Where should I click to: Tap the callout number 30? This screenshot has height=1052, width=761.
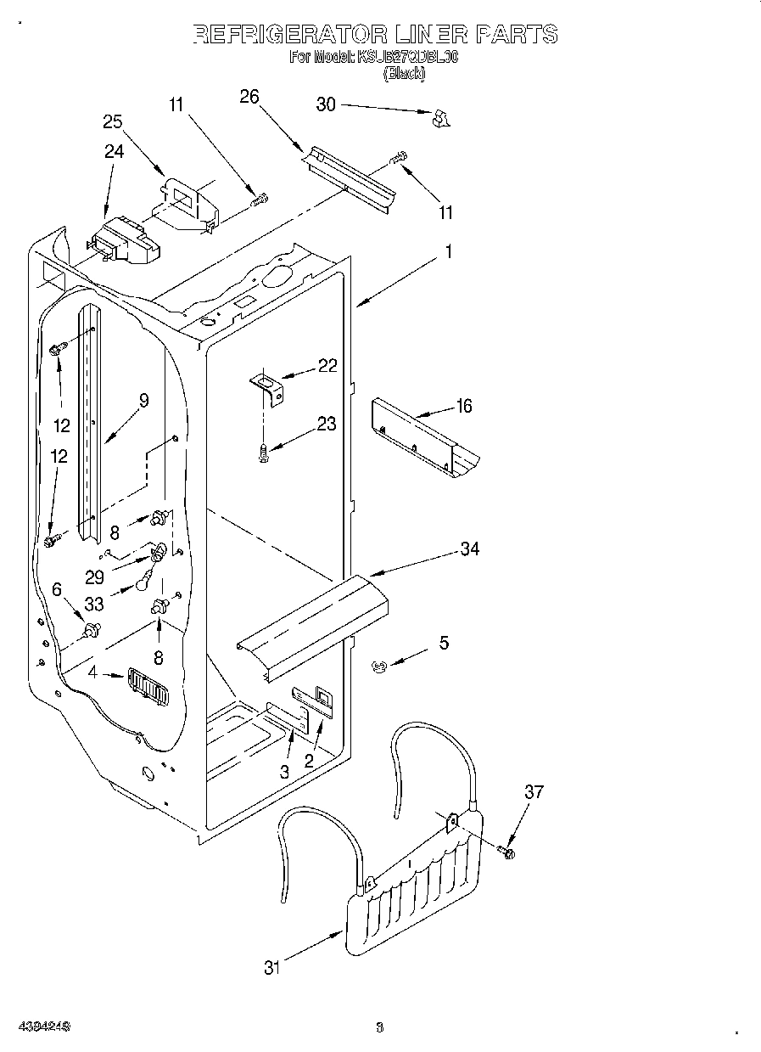[326, 104]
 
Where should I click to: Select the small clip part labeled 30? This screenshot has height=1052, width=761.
[439, 119]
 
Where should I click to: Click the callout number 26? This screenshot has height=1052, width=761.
[249, 96]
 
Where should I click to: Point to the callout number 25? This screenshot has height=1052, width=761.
[113, 121]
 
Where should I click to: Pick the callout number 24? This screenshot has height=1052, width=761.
[114, 151]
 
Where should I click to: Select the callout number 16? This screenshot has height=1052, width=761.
[463, 406]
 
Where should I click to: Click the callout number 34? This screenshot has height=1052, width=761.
[469, 549]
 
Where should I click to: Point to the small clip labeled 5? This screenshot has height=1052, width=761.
[380, 668]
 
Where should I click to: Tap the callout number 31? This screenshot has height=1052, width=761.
[271, 967]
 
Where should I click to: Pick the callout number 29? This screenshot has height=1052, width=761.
[94, 577]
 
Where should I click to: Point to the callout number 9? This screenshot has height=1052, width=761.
[143, 401]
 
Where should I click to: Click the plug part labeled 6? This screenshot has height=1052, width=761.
[92, 630]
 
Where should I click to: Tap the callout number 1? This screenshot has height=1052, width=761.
[448, 251]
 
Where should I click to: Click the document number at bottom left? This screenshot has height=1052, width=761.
[42, 1027]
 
